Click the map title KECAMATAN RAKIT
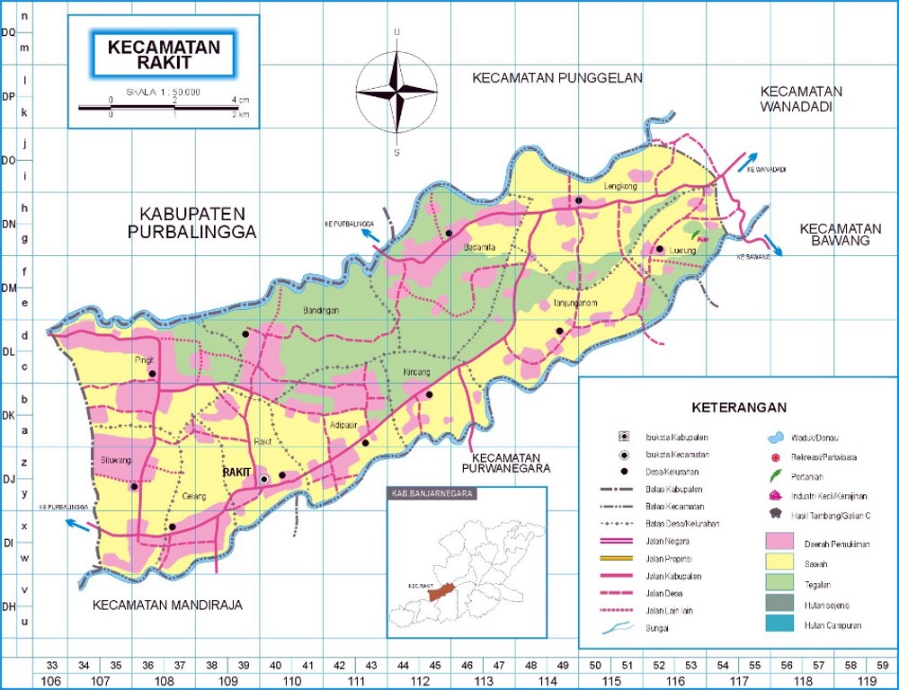(164, 55)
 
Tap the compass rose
(396, 93)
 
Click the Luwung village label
(685, 252)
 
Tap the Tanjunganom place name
(575, 303)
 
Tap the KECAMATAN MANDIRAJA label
(168, 606)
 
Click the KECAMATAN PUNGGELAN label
(557, 78)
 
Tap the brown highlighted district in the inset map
(441, 591)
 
